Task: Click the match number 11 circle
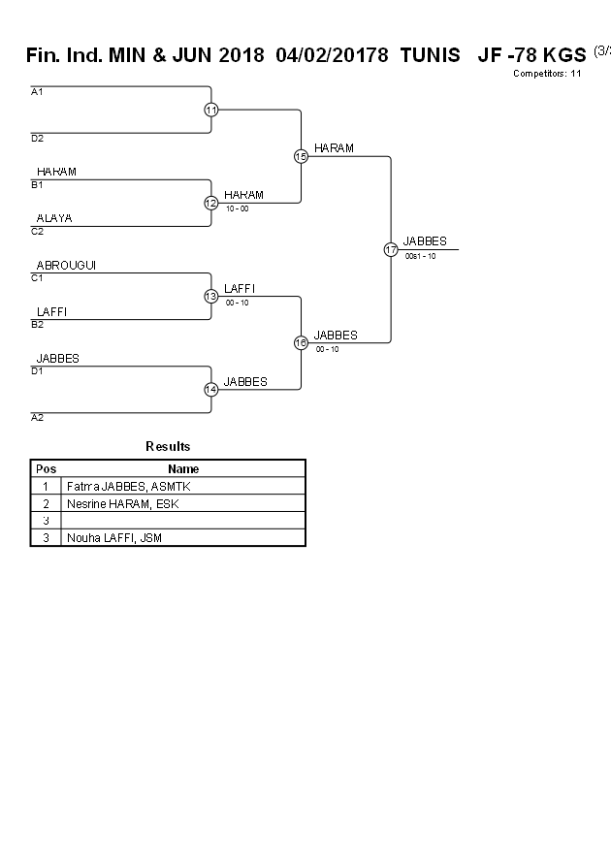[211, 110]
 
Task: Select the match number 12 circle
[211, 203]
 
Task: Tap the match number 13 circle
[211, 296]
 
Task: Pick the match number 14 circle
[211, 389]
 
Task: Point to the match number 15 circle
[301, 156]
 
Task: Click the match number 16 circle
[301, 342]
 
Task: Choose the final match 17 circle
[391, 249]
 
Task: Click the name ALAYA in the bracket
[54, 218]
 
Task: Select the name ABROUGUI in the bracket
[66, 265]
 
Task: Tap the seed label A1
[37, 92]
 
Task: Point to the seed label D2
[37, 139]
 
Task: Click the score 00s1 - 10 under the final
[420, 256]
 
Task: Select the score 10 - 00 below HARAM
[237, 208]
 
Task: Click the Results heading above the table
[168, 446]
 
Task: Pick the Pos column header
[46, 468]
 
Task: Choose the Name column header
[182, 468]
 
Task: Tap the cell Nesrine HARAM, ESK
[122, 503]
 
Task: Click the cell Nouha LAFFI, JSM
[114, 537]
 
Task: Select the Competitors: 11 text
[547, 73]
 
